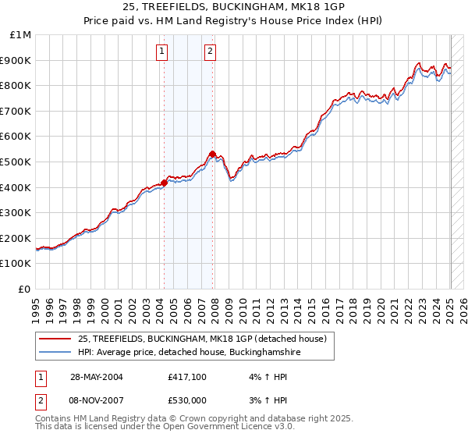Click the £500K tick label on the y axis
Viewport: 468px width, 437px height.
coord(16,162)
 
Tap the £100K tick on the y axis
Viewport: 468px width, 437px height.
coord(16,264)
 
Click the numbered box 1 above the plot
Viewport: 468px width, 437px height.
coord(162,52)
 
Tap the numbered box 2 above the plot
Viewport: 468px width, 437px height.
coord(211,52)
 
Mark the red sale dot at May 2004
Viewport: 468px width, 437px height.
coord(165,183)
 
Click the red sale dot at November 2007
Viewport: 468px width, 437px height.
coord(212,154)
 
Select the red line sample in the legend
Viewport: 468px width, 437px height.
coord(56,339)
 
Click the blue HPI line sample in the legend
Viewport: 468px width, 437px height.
coord(56,352)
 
